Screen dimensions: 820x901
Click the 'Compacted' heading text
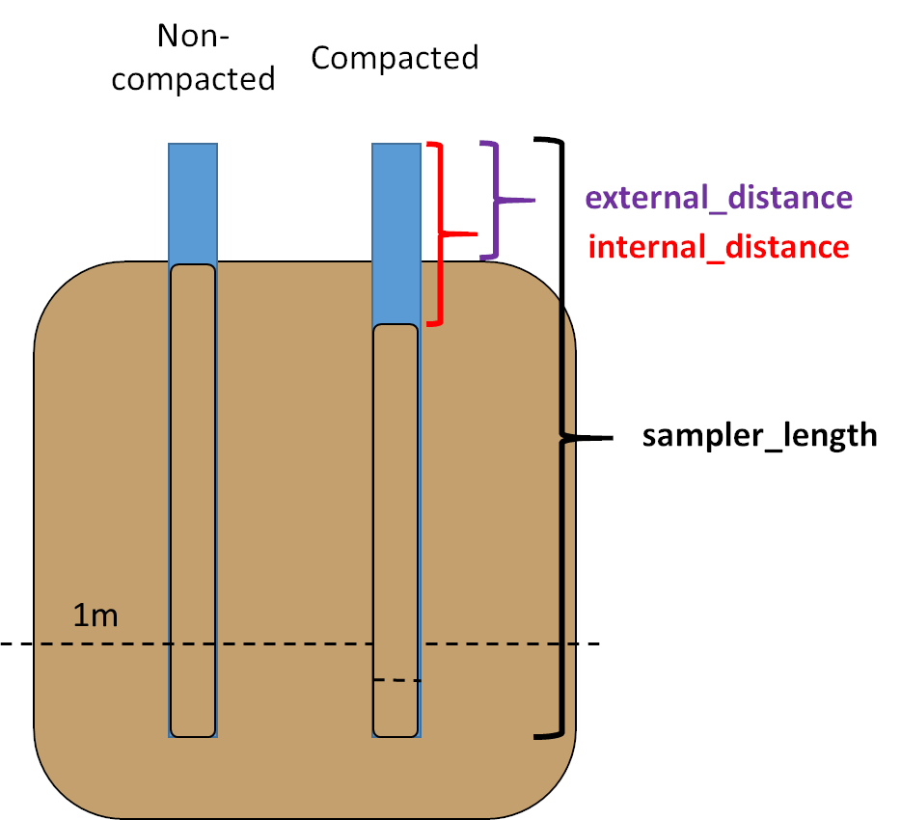[x=395, y=58]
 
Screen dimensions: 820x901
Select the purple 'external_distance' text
[x=719, y=198]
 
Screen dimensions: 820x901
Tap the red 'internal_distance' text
[x=719, y=247]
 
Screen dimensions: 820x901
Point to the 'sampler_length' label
[x=760, y=435]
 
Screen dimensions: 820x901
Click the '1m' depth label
[x=96, y=615]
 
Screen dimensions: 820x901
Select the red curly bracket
[x=441, y=233]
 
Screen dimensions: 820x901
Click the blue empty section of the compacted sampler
[x=396, y=232]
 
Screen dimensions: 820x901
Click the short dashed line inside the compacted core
[x=397, y=681]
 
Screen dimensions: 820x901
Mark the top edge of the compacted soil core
[x=396, y=326]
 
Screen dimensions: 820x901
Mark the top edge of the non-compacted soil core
[x=193, y=265]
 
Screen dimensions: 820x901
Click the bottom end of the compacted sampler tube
[x=396, y=737]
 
